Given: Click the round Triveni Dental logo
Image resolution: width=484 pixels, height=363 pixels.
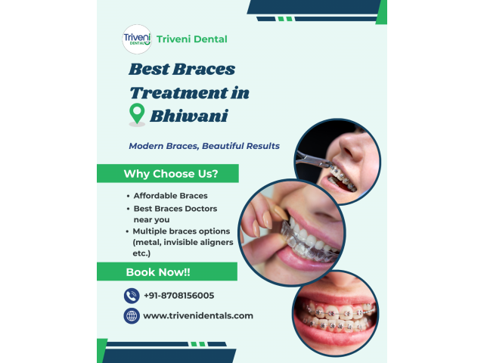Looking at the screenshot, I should pos(137,39).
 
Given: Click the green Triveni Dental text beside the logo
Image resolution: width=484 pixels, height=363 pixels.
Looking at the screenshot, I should pos(192,39).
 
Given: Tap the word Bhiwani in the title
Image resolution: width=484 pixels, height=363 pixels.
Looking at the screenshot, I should pos(188,116).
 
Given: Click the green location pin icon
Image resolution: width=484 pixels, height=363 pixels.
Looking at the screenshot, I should pos(137,115).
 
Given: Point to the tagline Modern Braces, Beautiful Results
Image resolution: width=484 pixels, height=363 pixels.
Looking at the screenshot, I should pos(204,146).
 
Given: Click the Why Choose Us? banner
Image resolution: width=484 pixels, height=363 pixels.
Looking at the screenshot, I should pos(171,174).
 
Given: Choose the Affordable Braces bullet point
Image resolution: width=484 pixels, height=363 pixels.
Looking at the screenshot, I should pos(170,196).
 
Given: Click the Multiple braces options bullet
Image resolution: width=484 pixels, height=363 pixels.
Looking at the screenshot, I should pos(182,231).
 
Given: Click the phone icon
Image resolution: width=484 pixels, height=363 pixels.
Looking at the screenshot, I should pos(132,296).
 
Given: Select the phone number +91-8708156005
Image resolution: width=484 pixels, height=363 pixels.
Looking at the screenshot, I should pos(178,296).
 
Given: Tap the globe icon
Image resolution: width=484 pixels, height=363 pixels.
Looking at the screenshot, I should pos(132,315).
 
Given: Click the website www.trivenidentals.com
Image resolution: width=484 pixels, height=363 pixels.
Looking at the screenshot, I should pos(197,315).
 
